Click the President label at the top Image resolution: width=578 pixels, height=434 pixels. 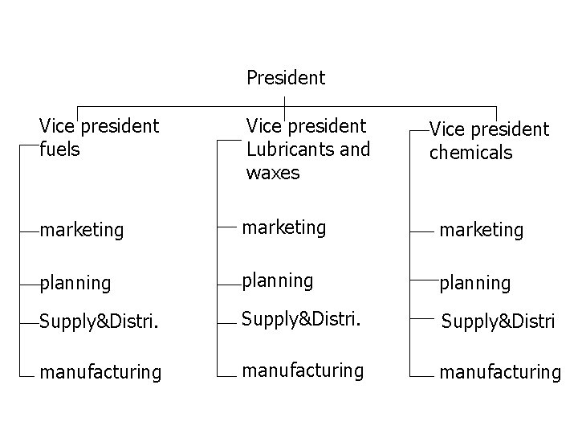click(x=286, y=78)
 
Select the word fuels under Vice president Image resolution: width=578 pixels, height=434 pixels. click(x=59, y=149)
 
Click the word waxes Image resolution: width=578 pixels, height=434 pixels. click(x=273, y=173)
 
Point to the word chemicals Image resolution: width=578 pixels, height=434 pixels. click(x=470, y=153)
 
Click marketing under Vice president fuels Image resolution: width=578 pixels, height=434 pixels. click(x=82, y=231)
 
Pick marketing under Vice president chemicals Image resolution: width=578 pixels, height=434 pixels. click(x=481, y=231)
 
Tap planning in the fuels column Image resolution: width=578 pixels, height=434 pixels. click(x=75, y=283)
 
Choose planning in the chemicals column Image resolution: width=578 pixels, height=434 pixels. click(x=474, y=283)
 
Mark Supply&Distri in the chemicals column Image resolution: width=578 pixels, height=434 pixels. click(x=499, y=323)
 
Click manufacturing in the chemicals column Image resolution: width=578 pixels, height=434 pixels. click(x=499, y=371)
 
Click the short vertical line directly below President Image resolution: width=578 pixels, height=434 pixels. click(x=285, y=104)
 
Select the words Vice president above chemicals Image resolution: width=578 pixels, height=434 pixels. click(x=490, y=129)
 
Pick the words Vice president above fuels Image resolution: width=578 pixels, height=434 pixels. click(x=100, y=126)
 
